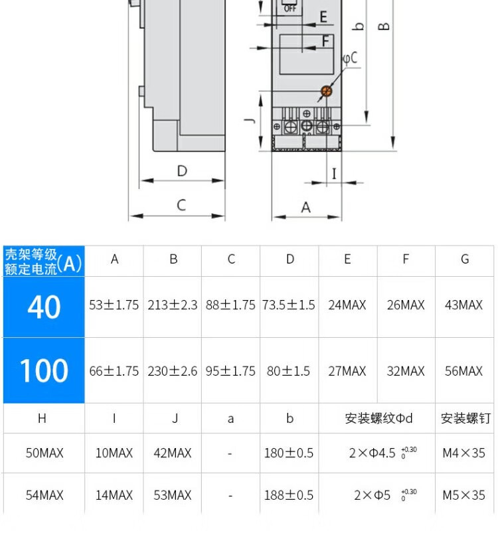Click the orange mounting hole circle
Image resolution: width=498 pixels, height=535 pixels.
tap(325, 92)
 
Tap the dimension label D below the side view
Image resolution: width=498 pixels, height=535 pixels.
tap(182, 171)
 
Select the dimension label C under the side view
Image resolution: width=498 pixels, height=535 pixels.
tap(181, 205)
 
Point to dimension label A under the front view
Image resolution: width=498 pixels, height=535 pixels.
tap(306, 207)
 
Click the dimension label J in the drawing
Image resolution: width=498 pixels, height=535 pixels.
tap(248, 121)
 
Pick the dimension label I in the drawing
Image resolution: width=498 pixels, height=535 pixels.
tap(334, 173)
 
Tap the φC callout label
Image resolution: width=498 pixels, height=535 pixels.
tap(350, 58)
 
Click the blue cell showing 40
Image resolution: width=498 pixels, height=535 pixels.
tap(44, 307)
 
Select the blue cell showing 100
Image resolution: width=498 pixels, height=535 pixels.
tap(44, 370)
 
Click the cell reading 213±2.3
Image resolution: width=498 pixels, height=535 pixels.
tap(173, 305)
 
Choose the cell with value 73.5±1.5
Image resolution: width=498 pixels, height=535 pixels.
tap(289, 305)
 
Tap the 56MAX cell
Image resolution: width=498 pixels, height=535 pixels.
tap(463, 371)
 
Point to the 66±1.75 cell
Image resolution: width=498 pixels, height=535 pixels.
tap(114, 371)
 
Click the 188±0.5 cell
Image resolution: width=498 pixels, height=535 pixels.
tap(289, 496)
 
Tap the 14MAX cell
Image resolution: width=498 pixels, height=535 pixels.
tap(114, 496)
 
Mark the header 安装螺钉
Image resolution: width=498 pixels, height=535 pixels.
tap(465, 418)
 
